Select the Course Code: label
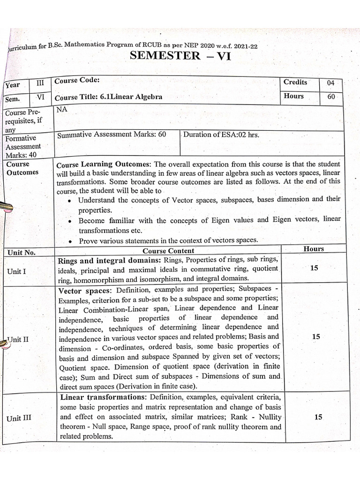click(x=77, y=81)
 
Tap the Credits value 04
click(x=331, y=83)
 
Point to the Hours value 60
click(x=331, y=97)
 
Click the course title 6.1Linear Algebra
click(x=109, y=97)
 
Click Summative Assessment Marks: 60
click(x=112, y=135)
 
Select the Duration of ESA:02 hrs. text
click(x=221, y=135)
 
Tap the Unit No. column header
click(x=22, y=253)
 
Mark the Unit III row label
click(x=20, y=418)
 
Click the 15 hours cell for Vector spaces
click(x=315, y=337)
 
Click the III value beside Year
click(x=40, y=83)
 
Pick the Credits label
click(x=295, y=82)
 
